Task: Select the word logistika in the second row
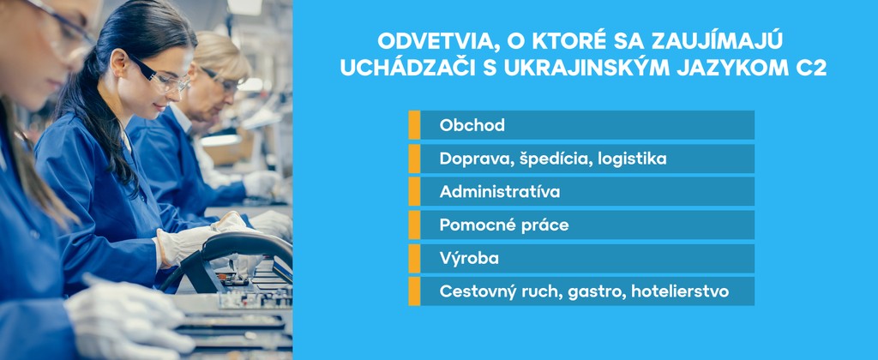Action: pos(632,159)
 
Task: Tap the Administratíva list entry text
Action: pos(500,191)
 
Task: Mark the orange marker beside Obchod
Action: pos(414,125)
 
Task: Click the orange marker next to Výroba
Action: pos(414,259)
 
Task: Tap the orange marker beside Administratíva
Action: pos(414,191)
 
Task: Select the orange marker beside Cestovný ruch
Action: pos(414,291)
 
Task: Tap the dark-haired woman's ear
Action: pos(118,63)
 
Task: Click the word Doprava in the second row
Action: pos(461,159)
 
